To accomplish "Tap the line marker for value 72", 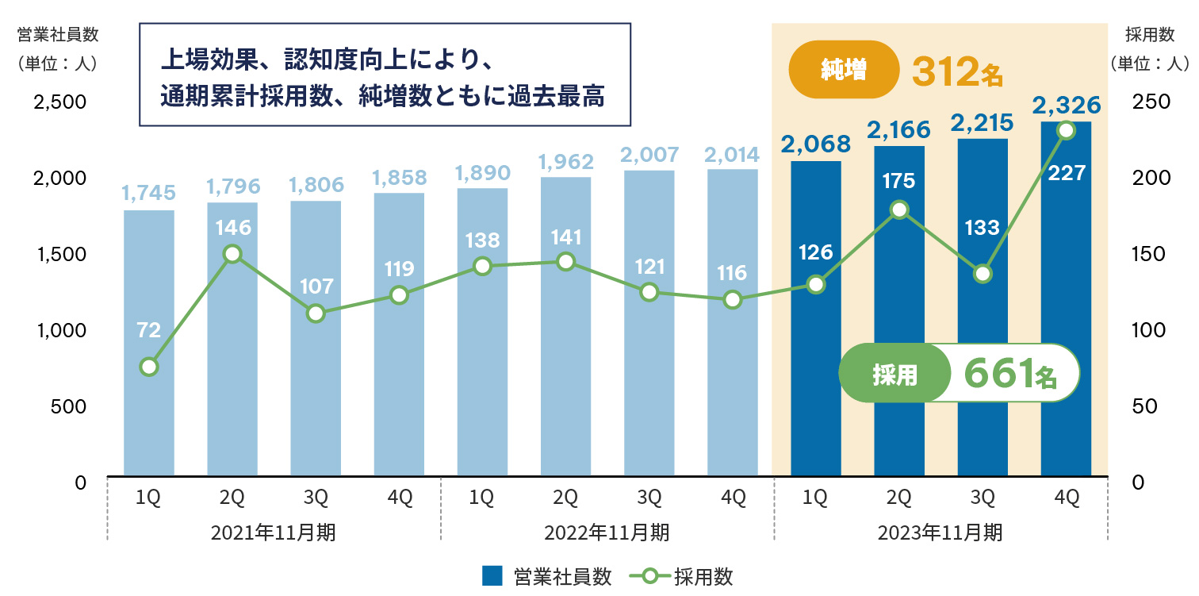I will point(148,367).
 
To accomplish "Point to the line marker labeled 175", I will point(899,210).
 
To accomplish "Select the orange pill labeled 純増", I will point(843,71).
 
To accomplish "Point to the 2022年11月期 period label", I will point(607,533).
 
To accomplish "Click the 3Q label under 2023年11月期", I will point(982,498).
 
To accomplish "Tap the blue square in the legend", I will point(492,575).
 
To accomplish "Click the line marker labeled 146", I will point(232,254).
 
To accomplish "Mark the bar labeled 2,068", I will point(815,317).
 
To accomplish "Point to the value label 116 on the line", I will point(732,274).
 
